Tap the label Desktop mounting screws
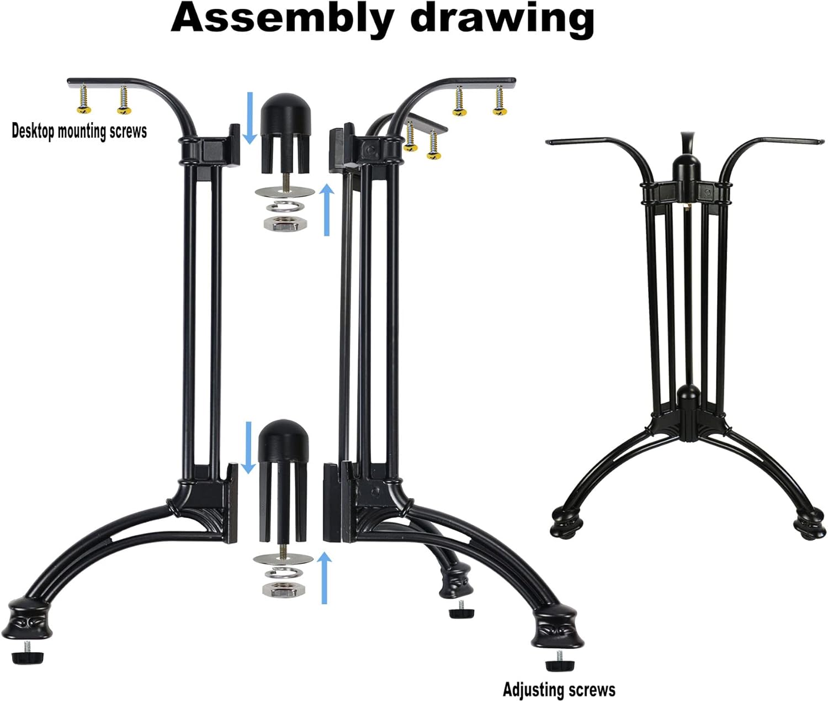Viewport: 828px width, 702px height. tap(79, 131)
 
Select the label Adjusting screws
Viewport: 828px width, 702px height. tap(559, 689)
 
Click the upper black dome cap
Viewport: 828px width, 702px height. tap(285, 134)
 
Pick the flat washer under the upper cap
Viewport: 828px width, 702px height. tap(285, 192)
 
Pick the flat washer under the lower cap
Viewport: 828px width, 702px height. tap(283, 558)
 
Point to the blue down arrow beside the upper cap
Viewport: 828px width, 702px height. tap(250, 118)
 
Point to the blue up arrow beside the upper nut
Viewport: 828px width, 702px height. tap(327, 209)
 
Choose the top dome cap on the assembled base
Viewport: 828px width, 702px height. tap(686, 166)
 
